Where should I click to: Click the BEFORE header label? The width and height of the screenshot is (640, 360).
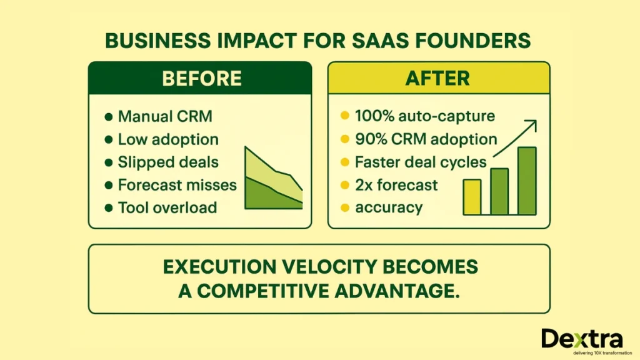pyautogui.click(x=201, y=79)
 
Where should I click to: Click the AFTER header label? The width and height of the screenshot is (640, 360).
pyautogui.click(x=439, y=79)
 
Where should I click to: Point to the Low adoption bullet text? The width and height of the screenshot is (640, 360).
pyautogui.click(x=168, y=139)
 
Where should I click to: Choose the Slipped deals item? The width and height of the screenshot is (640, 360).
pyautogui.click(x=168, y=162)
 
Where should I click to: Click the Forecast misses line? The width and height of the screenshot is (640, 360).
pyautogui.click(x=177, y=184)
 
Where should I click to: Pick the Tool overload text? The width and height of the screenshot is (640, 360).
pyautogui.click(x=167, y=207)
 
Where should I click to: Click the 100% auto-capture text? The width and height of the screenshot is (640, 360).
pyautogui.click(x=424, y=116)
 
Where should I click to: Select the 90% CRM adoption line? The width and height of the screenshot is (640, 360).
pyautogui.click(x=426, y=139)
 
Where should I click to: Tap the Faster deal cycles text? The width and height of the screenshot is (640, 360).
pyautogui.click(x=420, y=162)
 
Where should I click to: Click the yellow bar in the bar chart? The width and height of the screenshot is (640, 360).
pyautogui.click(x=472, y=197)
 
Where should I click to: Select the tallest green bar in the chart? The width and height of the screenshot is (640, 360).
pyautogui.click(x=527, y=181)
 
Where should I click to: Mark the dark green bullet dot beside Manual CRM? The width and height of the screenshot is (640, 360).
pyautogui.click(x=108, y=117)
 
